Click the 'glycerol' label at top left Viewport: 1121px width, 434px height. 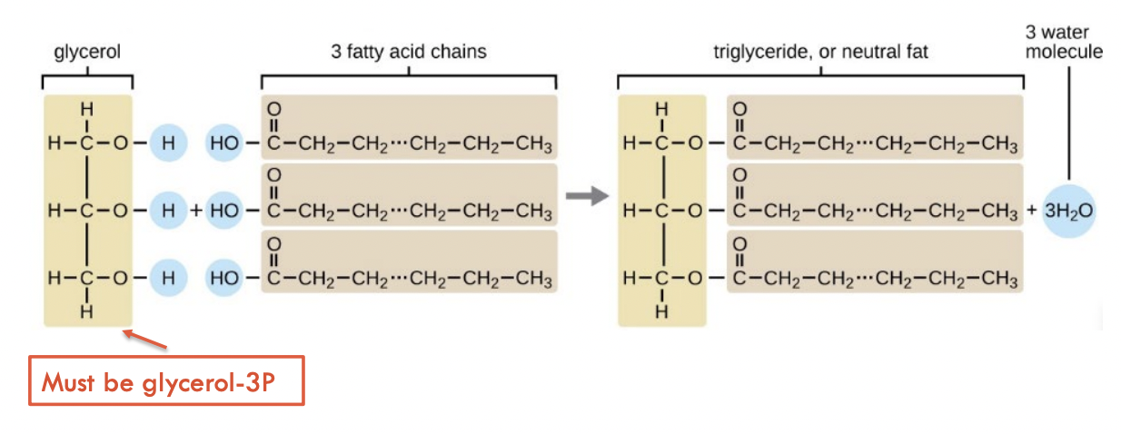87,53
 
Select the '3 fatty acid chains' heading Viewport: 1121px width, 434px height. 409,52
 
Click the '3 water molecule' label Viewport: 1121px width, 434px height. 1065,42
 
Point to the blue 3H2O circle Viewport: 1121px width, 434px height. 1068,211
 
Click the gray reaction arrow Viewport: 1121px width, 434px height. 585,196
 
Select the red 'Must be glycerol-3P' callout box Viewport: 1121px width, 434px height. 166,384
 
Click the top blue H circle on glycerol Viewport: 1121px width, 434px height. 168,143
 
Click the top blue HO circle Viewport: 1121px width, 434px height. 223,143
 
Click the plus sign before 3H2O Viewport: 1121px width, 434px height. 1031,211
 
